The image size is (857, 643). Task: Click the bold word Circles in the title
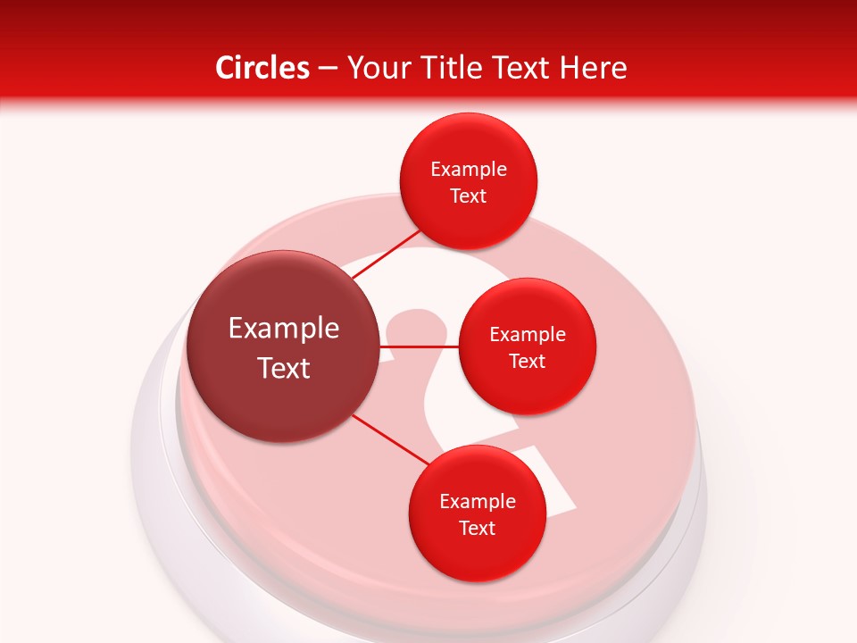(x=262, y=68)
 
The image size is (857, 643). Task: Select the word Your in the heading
(x=375, y=68)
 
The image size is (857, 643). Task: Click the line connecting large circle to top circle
(x=387, y=255)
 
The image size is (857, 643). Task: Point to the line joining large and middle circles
(x=419, y=346)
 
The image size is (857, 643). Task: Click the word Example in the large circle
(x=284, y=329)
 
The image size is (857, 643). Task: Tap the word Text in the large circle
(x=284, y=368)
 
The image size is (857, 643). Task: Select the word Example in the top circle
(x=469, y=170)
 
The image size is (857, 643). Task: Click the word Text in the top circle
(x=469, y=196)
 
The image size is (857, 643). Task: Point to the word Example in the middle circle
(x=528, y=335)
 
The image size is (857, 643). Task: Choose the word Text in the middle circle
(x=528, y=362)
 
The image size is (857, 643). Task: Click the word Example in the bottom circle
(x=478, y=502)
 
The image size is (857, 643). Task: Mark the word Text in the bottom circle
(x=478, y=529)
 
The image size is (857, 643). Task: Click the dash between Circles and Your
(x=328, y=68)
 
